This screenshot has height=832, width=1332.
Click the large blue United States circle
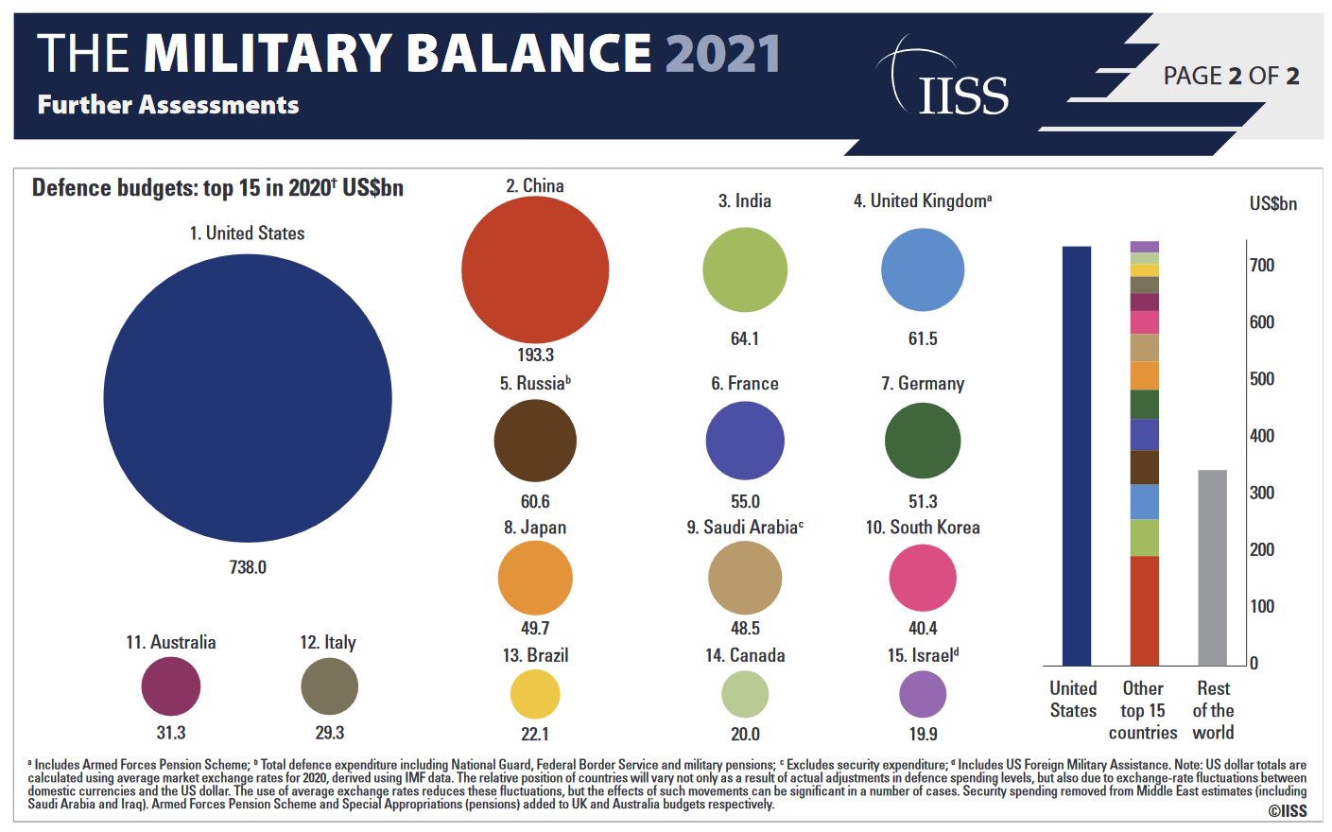click(x=248, y=398)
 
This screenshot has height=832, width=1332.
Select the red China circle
click(x=535, y=269)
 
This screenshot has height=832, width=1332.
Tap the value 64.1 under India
click(x=745, y=338)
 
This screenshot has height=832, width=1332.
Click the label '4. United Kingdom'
click(x=922, y=200)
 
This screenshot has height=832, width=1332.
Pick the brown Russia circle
click(x=535, y=441)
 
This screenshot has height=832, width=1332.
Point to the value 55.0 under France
click(x=745, y=501)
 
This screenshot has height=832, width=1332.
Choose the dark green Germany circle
click(x=923, y=441)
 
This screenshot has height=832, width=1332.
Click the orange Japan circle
click(x=535, y=578)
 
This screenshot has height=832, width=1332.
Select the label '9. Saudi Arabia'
click(x=745, y=528)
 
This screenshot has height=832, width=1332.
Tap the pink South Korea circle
click(x=923, y=578)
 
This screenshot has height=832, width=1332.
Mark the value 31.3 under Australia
click(x=171, y=733)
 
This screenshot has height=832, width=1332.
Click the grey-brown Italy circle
click(x=330, y=686)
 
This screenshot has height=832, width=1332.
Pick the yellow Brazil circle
click(x=535, y=694)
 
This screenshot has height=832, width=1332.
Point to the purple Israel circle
click(x=923, y=694)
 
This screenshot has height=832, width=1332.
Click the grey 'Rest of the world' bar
click(x=1212, y=567)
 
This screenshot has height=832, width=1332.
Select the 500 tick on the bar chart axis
click(x=1262, y=379)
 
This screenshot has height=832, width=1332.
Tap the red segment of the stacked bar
click(x=1144, y=611)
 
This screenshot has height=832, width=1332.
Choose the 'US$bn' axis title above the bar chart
click(x=1272, y=204)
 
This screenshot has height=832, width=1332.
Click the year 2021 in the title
click(x=722, y=54)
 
